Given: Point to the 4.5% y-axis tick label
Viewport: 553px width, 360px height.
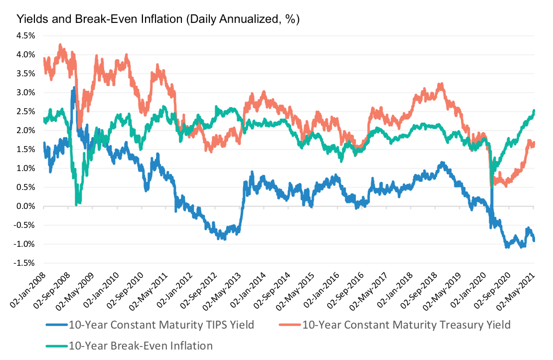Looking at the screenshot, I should coord(26,36).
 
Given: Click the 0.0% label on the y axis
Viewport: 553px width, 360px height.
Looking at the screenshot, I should coord(26,206).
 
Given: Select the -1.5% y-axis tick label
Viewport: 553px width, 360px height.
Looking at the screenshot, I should coord(25,263).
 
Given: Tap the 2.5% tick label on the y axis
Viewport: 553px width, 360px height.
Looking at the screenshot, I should coord(26,112).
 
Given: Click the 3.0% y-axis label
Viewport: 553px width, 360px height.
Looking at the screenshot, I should coord(26,93).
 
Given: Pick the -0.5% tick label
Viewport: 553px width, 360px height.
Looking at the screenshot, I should coord(25,225).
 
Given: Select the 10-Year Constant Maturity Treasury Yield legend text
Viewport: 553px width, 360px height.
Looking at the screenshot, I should coord(407,325).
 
